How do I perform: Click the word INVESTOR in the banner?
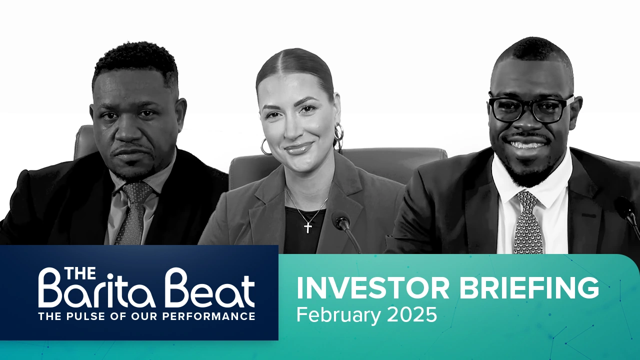point(373,288)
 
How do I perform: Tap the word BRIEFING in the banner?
point(529,288)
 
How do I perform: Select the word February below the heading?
point(338,315)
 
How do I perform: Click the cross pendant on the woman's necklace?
point(308,227)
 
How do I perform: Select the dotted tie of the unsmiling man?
point(133,212)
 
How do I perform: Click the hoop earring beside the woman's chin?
point(265,147)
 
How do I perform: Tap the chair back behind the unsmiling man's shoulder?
point(85,141)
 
